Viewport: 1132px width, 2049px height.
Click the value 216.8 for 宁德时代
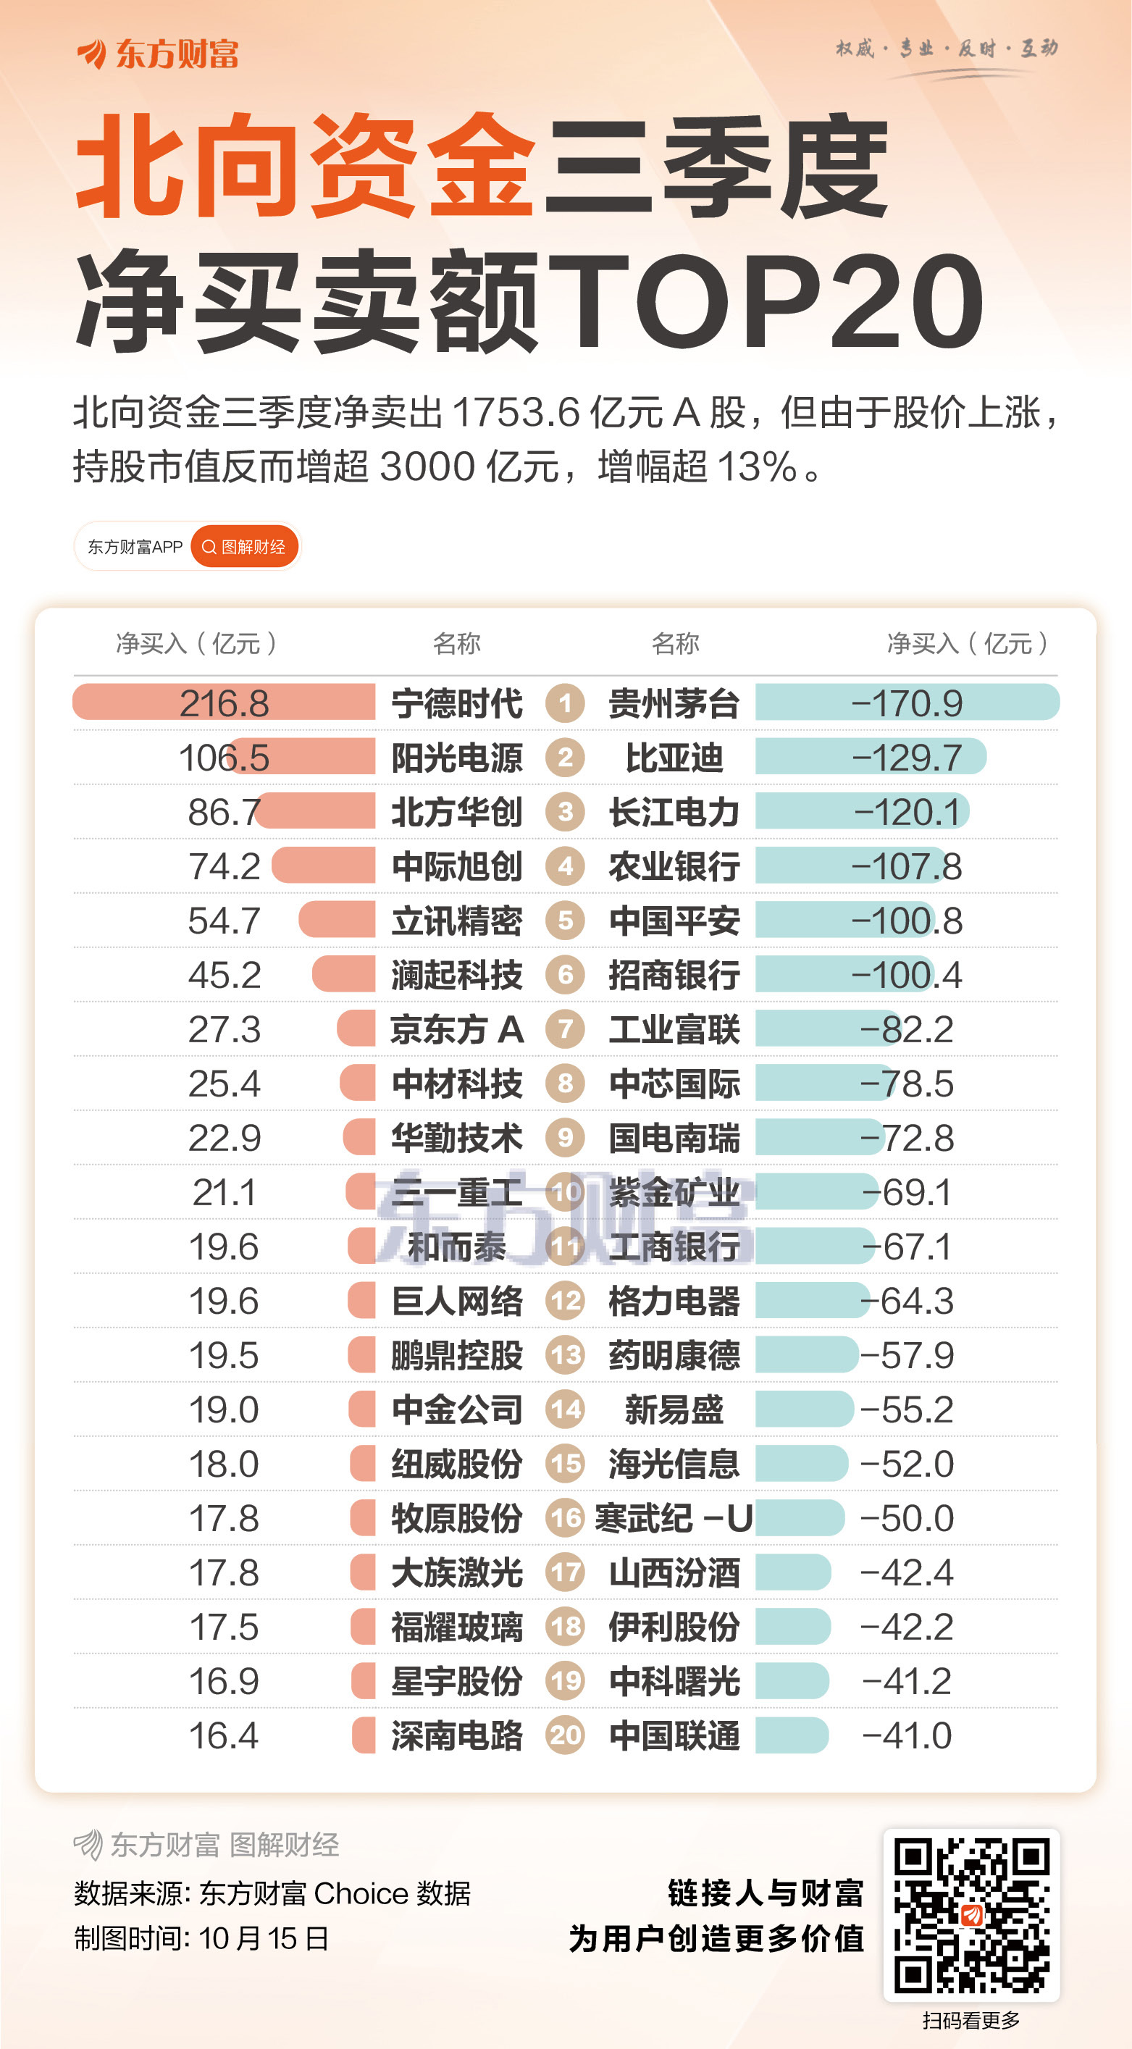coord(224,704)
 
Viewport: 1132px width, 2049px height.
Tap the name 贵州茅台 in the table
coord(674,704)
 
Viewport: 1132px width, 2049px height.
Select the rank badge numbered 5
coord(565,921)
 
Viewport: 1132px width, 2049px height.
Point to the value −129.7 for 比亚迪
coord(906,758)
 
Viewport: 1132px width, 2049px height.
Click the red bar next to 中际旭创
coord(323,866)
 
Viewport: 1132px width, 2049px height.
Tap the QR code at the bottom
coord(971,1914)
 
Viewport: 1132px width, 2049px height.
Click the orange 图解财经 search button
coord(244,546)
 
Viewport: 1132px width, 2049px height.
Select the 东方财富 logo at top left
coord(157,54)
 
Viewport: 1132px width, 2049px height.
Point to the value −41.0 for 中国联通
coord(906,1735)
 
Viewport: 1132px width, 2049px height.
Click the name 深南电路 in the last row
coord(456,1735)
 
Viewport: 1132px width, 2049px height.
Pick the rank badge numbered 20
coord(565,1735)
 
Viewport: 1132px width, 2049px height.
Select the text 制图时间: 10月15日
coord(201,1938)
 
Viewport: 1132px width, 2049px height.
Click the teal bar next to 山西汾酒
coord(792,1572)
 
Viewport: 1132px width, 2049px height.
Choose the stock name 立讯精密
coord(456,921)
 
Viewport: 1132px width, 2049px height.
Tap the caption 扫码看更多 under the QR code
coord(970,2020)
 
